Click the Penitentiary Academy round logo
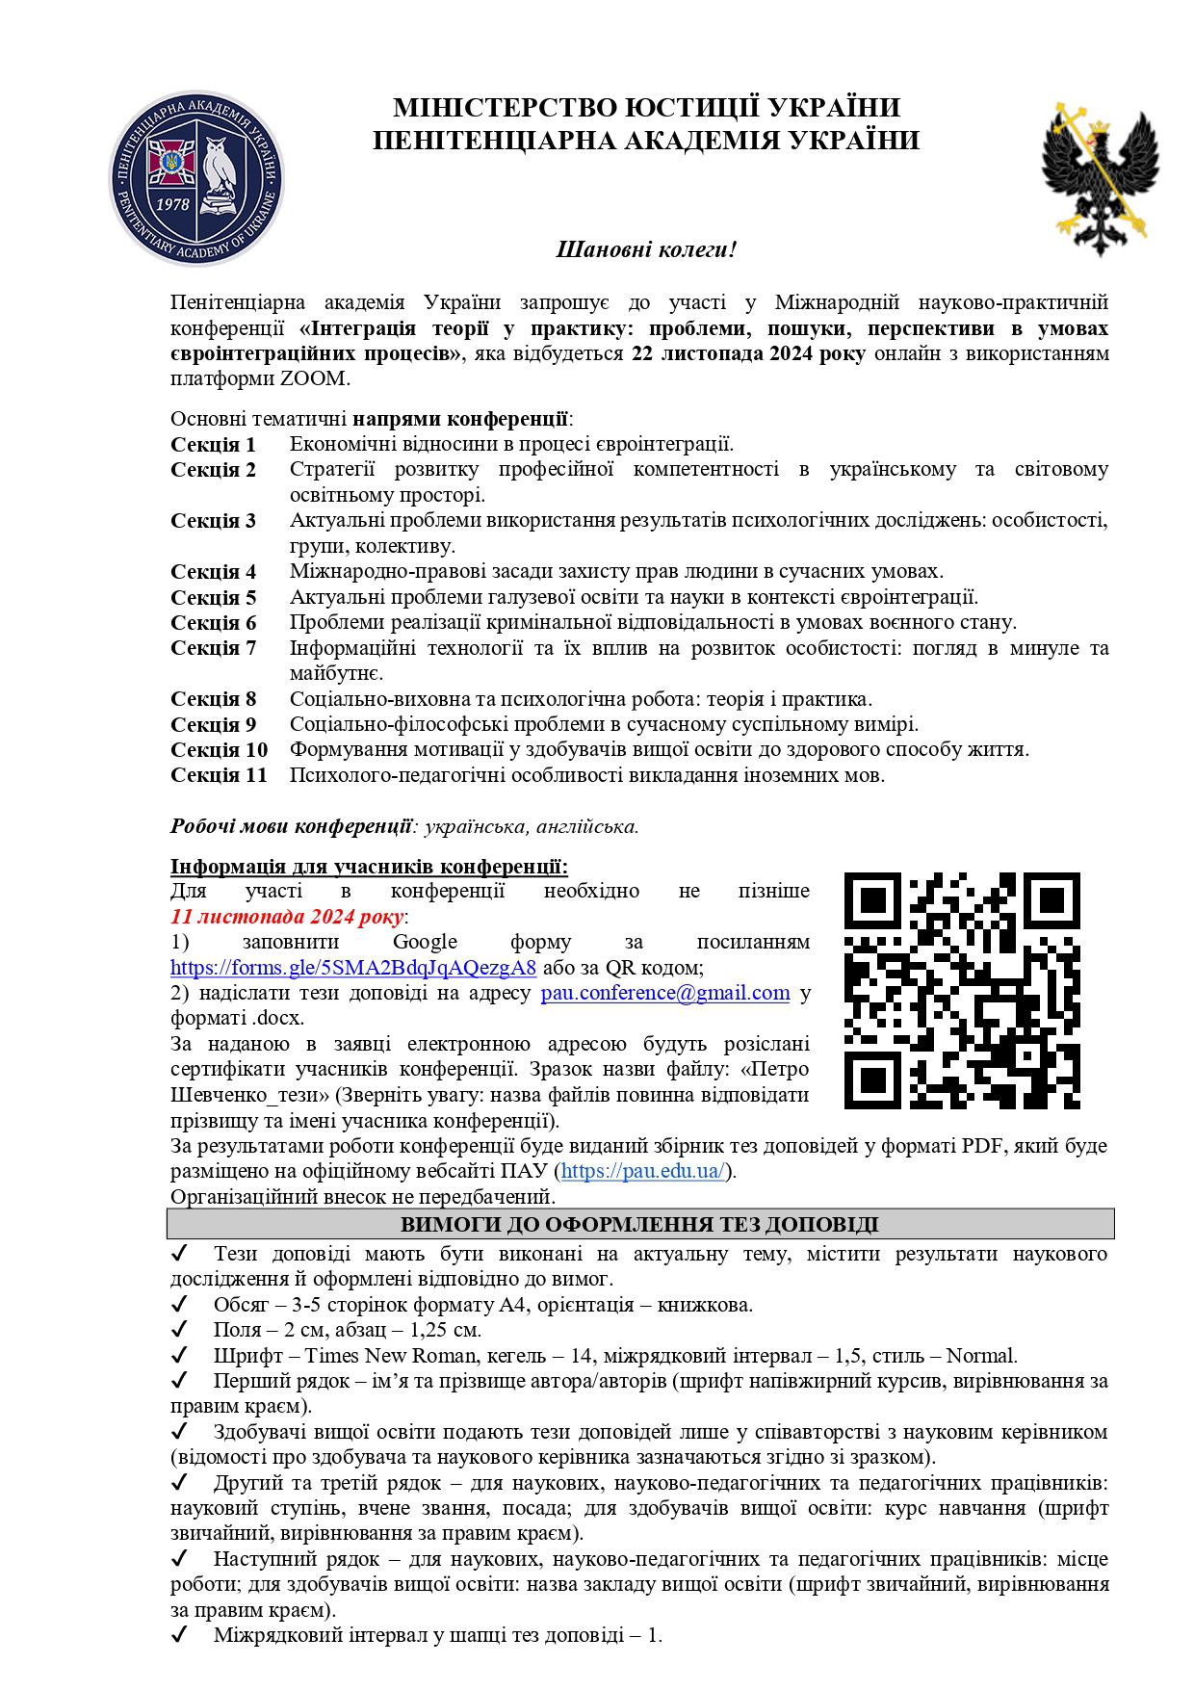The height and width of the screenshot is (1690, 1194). [196, 179]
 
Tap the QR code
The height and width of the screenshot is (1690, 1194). [962, 990]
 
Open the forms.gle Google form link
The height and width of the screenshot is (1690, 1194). [352, 967]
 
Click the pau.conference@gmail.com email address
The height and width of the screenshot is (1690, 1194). [664, 993]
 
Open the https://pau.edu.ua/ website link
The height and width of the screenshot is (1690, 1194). [642, 1171]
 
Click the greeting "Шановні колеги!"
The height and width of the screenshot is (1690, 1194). [646, 249]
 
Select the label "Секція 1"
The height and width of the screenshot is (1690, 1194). [213, 444]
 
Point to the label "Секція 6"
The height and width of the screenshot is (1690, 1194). [213, 622]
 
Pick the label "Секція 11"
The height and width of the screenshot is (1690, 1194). [219, 775]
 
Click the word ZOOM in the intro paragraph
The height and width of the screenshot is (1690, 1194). [312, 378]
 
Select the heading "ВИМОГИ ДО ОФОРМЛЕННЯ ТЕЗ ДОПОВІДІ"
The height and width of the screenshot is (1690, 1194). [639, 1225]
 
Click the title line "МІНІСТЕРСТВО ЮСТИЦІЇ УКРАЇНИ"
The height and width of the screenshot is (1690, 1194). [646, 107]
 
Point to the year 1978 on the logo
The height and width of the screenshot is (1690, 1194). [172, 203]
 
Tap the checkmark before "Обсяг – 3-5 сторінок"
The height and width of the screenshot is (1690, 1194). [178, 1305]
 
